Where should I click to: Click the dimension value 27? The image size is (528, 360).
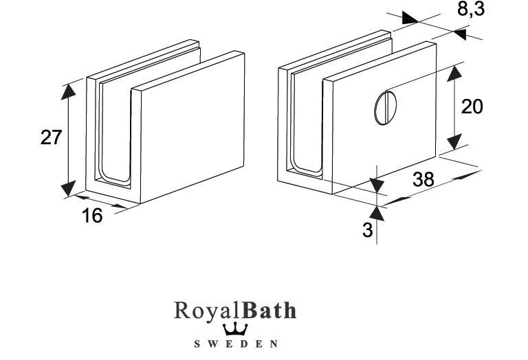(51, 137)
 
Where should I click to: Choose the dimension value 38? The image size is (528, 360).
(423, 179)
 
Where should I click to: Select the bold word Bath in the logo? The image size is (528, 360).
(266, 311)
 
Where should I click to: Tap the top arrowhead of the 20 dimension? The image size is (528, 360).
(454, 74)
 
